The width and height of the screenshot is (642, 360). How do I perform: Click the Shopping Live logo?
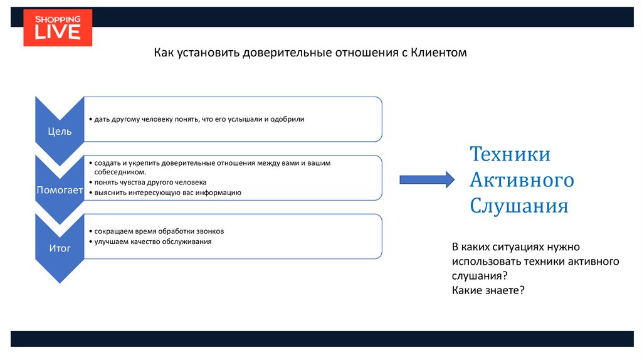tap(58, 28)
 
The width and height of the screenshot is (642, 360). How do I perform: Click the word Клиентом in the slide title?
tap(439, 53)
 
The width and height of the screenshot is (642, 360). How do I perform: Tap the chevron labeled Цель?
tap(60, 131)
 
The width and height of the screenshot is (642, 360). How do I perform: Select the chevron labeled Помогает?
tap(60, 190)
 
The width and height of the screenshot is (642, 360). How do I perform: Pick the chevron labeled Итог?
tap(60, 248)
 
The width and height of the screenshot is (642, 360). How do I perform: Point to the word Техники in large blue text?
tap(510, 154)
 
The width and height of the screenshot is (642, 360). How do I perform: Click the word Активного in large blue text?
tap(522, 180)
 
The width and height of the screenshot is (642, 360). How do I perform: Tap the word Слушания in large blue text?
tap(519, 206)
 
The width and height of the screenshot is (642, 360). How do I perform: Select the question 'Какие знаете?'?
tap(487, 290)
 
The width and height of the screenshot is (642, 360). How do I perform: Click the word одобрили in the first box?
tap(287, 119)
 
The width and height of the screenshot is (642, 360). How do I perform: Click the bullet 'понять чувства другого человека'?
tap(150, 183)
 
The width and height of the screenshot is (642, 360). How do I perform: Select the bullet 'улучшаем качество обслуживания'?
tap(153, 241)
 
